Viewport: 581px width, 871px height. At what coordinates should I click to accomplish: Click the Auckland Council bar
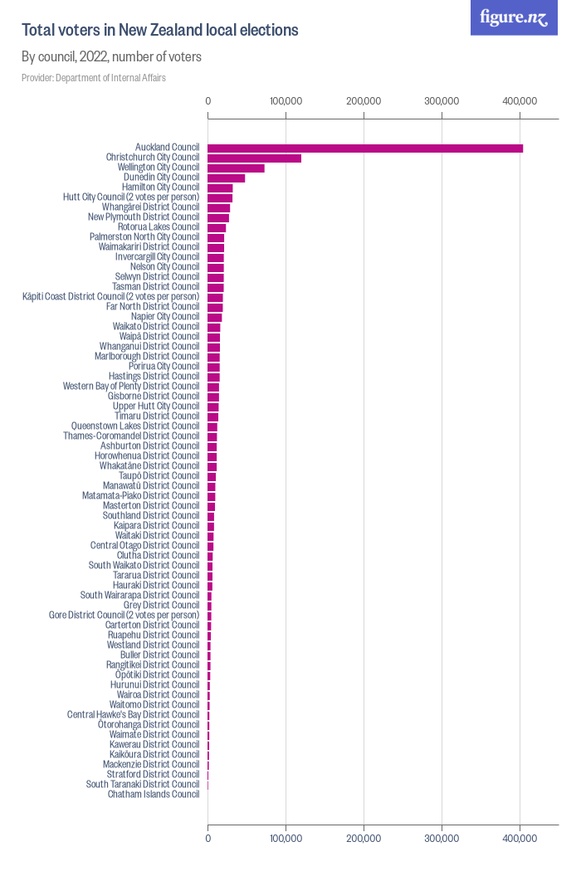tap(365, 148)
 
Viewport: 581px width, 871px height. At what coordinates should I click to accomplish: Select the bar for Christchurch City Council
tap(254, 158)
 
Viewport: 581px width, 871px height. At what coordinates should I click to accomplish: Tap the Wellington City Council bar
tap(236, 168)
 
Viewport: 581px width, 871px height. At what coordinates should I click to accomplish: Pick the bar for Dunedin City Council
tap(226, 178)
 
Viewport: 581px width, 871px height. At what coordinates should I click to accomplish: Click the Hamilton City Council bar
tap(220, 187)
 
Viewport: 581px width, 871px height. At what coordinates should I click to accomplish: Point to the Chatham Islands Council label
tap(154, 794)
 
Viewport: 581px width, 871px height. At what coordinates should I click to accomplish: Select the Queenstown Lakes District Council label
tap(135, 426)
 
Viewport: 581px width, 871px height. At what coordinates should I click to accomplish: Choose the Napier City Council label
tap(165, 316)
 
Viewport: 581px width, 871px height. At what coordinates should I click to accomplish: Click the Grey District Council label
tap(161, 605)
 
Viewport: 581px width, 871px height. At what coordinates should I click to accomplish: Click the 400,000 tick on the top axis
tap(520, 100)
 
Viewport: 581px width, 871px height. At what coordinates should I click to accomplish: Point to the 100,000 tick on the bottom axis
tap(286, 839)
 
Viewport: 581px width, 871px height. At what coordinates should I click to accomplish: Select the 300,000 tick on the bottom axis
tap(442, 839)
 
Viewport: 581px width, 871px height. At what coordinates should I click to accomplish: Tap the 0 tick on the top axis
tap(207, 100)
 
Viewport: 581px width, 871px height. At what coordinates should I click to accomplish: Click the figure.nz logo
tap(514, 17)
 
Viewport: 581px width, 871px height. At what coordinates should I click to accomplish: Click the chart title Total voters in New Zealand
tap(159, 31)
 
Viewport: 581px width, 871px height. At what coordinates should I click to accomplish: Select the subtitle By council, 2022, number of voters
tap(111, 57)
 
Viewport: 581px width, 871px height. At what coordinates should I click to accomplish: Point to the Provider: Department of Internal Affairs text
tap(94, 78)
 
